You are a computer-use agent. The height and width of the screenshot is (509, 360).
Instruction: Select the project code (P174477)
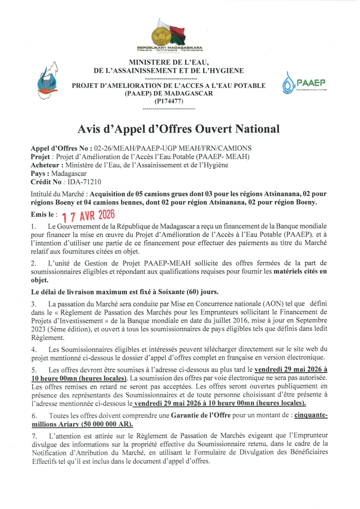tap(169, 101)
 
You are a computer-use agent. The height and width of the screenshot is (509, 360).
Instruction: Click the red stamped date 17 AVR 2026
tap(88, 216)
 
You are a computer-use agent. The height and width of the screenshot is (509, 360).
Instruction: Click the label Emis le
tap(43, 214)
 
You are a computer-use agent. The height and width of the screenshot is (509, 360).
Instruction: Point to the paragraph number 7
tap(33, 436)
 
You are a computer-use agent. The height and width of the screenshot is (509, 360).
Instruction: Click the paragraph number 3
tap(33, 303)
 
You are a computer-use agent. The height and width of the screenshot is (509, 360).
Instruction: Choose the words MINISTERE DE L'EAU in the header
tap(169, 62)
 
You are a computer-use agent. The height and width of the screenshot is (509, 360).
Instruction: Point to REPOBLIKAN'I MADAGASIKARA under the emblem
tap(169, 48)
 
